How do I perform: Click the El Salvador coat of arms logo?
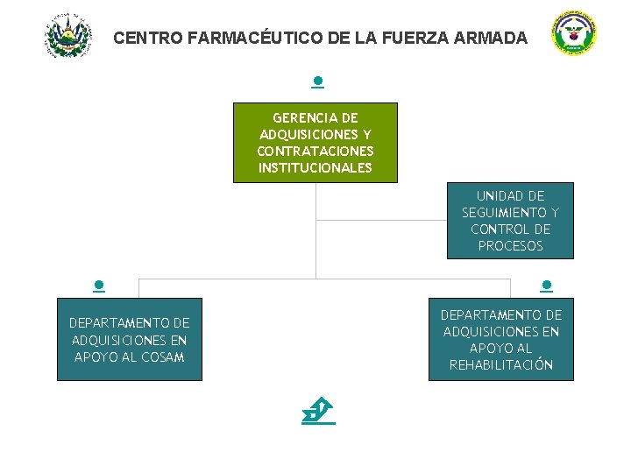tap(67, 36)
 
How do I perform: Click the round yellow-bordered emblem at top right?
tap(574, 34)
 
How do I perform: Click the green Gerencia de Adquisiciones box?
tap(315, 142)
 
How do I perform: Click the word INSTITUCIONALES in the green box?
tap(315, 168)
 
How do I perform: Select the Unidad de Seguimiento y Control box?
tap(510, 221)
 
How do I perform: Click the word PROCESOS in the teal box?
tap(511, 246)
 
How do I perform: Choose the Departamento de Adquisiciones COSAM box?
tap(130, 340)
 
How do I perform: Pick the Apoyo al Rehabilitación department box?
tap(500, 340)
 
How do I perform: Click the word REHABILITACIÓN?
tap(501, 365)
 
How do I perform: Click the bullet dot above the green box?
tap(318, 81)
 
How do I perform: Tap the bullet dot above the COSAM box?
tap(100, 285)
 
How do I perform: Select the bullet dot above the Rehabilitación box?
tap(546, 285)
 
